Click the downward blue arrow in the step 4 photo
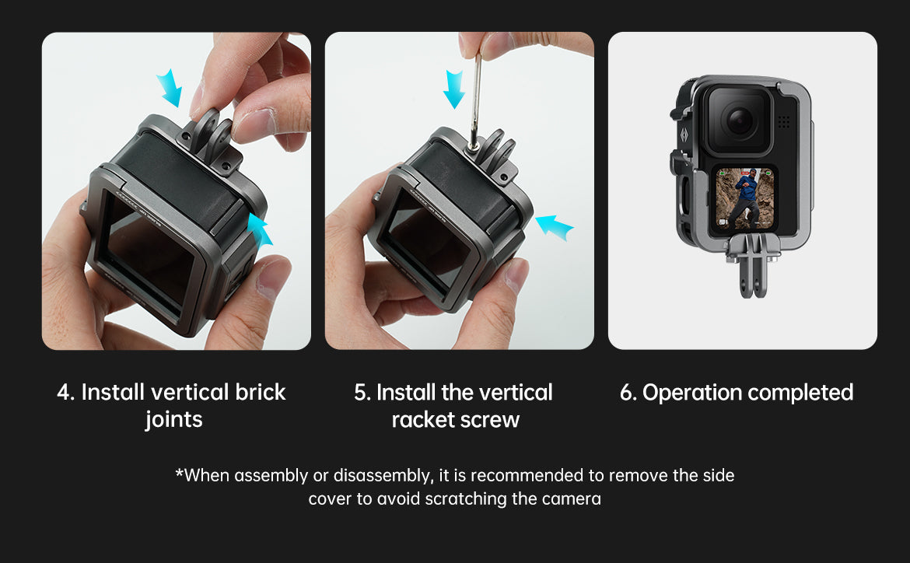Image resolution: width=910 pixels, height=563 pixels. (x=170, y=87)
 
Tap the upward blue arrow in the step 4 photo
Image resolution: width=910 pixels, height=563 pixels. (x=259, y=229)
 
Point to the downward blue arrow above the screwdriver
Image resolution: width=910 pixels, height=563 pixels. (x=454, y=89)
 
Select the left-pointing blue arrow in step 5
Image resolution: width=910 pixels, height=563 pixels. (x=554, y=227)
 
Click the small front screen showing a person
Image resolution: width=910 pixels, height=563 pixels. (x=745, y=199)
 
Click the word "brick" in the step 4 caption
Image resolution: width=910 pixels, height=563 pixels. (x=260, y=393)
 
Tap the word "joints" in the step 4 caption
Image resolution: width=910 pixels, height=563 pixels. (x=173, y=420)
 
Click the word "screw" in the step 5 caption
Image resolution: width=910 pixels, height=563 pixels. (x=492, y=420)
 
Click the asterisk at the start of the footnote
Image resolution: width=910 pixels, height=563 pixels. (x=180, y=473)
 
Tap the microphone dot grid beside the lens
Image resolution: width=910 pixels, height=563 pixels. (x=783, y=121)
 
